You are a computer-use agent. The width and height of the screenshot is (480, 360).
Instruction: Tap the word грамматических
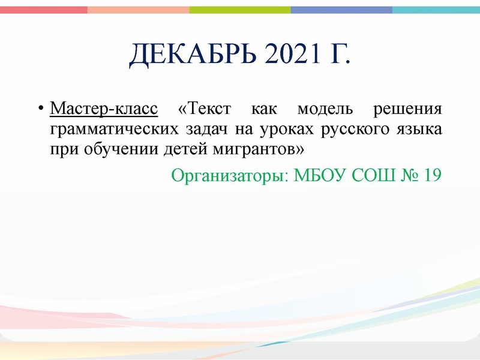112,130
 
